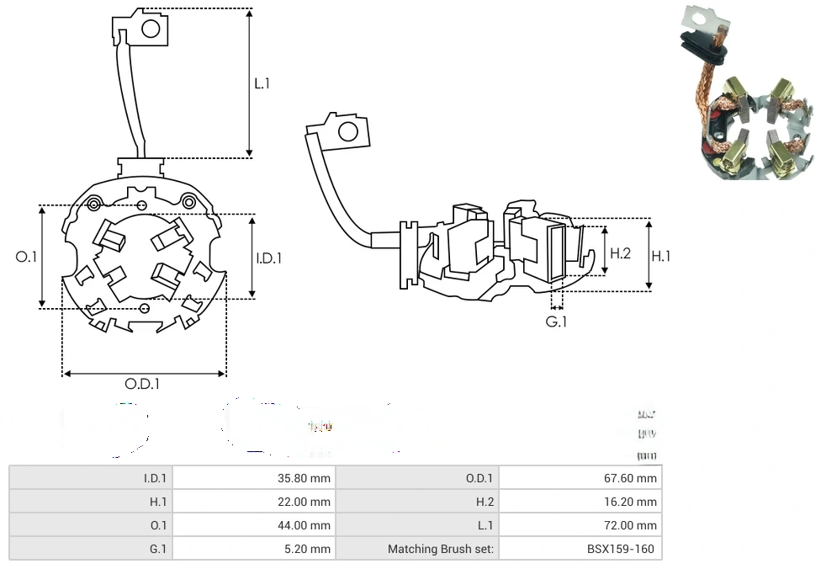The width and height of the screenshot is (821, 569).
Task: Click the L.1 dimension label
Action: point(262,83)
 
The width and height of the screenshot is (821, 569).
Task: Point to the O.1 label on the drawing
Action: point(27,257)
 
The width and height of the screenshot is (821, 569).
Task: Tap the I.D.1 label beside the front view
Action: point(268,258)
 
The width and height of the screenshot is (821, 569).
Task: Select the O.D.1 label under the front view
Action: point(142,384)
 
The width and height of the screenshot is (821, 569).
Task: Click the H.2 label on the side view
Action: point(620,253)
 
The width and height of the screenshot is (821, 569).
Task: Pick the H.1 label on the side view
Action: point(662,256)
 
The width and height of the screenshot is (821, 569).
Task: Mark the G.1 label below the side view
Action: point(556,322)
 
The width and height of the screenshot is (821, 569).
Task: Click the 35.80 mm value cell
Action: point(304,478)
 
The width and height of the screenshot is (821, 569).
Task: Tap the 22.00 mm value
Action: point(304,502)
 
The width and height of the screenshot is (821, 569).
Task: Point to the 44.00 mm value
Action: point(304,525)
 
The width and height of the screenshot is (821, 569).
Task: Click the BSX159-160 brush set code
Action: point(622,549)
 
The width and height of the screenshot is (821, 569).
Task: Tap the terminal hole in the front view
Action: point(151,29)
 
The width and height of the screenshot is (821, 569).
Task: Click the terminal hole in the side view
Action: point(346,131)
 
